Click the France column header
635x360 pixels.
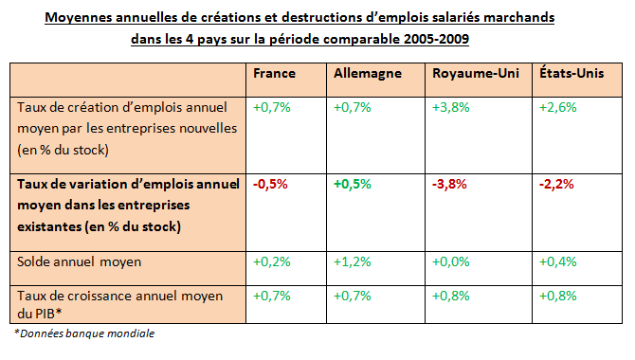275,74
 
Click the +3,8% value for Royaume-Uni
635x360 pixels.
449,107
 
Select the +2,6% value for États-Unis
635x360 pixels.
557,107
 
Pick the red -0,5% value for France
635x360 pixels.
271,185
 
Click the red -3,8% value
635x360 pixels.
449,185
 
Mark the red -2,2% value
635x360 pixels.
557,185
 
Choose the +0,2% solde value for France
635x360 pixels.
271,261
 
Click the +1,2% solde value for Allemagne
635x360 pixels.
354,261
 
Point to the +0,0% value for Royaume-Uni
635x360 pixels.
449,261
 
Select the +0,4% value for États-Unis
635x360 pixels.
557,261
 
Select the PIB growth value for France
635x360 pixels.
271,296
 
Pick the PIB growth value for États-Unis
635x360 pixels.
557,296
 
